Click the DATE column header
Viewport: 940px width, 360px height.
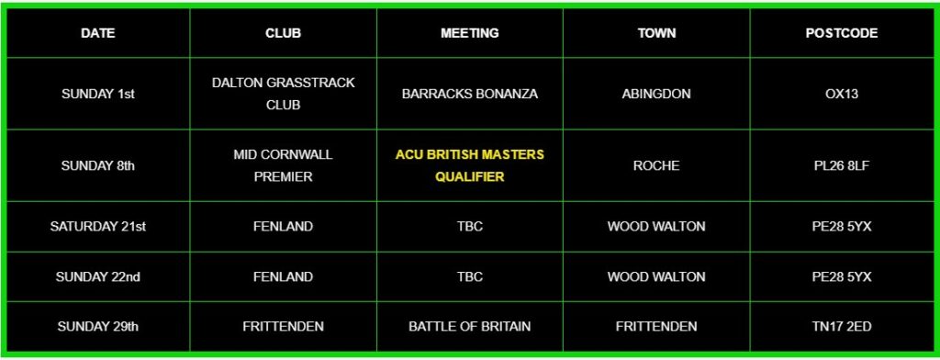pyautogui.click(x=97, y=33)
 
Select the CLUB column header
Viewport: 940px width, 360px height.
pyautogui.click(x=283, y=33)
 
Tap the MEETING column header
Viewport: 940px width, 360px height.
pyautogui.click(x=469, y=33)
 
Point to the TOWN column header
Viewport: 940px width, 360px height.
pyautogui.click(x=656, y=33)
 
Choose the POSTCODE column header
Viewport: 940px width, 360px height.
pyautogui.click(x=841, y=33)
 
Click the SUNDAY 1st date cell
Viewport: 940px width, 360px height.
pyautogui.click(x=97, y=94)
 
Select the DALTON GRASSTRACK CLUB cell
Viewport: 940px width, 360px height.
pyautogui.click(x=283, y=94)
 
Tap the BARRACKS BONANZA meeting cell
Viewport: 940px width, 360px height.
pyautogui.click(x=469, y=94)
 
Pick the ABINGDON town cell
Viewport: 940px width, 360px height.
pyautogui.click(x=656, y=94)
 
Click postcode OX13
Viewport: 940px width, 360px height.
pyautogui.click(x=841, y=94)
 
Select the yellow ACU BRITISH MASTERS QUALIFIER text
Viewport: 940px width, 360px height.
pyautogui.click(x=469, y=165)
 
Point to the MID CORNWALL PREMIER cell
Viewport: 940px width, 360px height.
pyautogui.click(x=283, y=165)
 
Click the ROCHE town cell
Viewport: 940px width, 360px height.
pyautogui.click(x=656, y=165)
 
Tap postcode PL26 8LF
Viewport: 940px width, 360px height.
pyautogui.click(x=841, y=165)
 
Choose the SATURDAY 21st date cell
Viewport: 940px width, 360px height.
pyautogui.click(x=97, y=226)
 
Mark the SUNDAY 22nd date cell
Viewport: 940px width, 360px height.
pyautogui.click(x=97, y=276)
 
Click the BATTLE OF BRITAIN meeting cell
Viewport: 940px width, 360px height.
pyautogui.click(x=469, y=326)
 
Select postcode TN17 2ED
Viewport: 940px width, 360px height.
pyautogui.click(x=841, y=326)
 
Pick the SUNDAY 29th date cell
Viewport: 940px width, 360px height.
pyautogui.click(x=97, y=326)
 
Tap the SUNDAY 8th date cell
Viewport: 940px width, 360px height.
pyautogui.click(x=97, y=165)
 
